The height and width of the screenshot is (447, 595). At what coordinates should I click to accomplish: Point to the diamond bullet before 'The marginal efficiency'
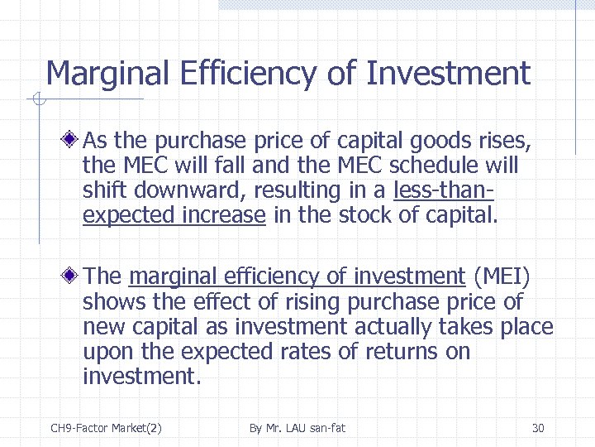click(74, 276)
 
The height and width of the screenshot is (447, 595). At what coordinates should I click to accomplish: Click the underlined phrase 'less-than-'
click(445, 190)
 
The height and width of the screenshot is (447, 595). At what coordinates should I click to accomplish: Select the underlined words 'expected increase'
click(174, 216)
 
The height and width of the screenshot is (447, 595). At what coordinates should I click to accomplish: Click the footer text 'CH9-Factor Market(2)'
click(106, 428)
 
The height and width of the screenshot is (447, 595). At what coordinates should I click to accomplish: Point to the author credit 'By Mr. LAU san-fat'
click(297, 428)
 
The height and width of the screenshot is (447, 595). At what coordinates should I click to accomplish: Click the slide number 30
click(538, 428)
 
